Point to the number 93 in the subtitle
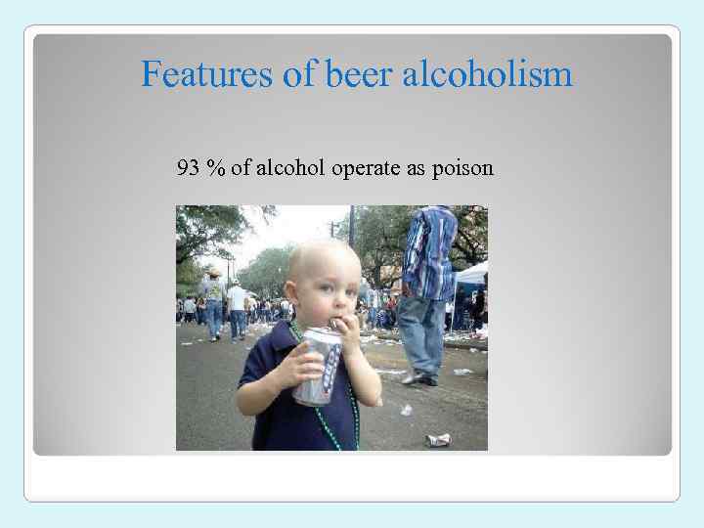[188, 169]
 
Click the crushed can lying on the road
[439, 439]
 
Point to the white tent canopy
[473, 273]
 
